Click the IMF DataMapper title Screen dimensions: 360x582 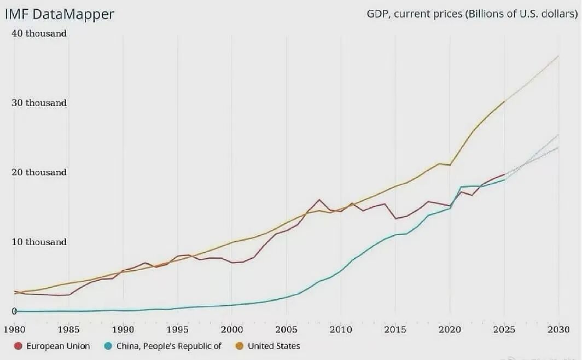click(x=60, y=14)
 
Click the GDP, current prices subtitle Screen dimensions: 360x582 click(x=472, y=14)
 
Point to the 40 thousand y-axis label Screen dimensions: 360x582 click(x=39, y=33)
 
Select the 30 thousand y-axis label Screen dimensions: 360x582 click(x=39, y=103)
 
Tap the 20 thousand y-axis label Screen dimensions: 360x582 click(x=39, y=172)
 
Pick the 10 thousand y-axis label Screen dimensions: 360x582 click(x=39, y=242)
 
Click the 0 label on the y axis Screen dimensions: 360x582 click(x=15, y=311)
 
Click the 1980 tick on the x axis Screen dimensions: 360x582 click(x=15, y=329)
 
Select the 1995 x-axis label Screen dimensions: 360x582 click(x=177, y=329)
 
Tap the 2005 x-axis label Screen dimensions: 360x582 click(x=286, y=329)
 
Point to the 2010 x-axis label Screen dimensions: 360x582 click(x=340, y=329)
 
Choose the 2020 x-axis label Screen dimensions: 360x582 click(x=449, y=329)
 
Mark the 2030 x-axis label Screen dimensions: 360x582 click(x=558, y=329)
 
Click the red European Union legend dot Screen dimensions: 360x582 click(x=18, y=346)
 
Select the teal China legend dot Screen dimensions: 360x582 click(x=108, y=346)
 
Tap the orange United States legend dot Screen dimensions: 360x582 click(x=239, y=346)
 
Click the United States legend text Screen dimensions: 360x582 click(x=274, y=346)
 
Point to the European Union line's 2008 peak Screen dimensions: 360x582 click(x=319, y=200)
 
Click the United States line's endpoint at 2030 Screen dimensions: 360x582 click(x=558, y=56)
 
